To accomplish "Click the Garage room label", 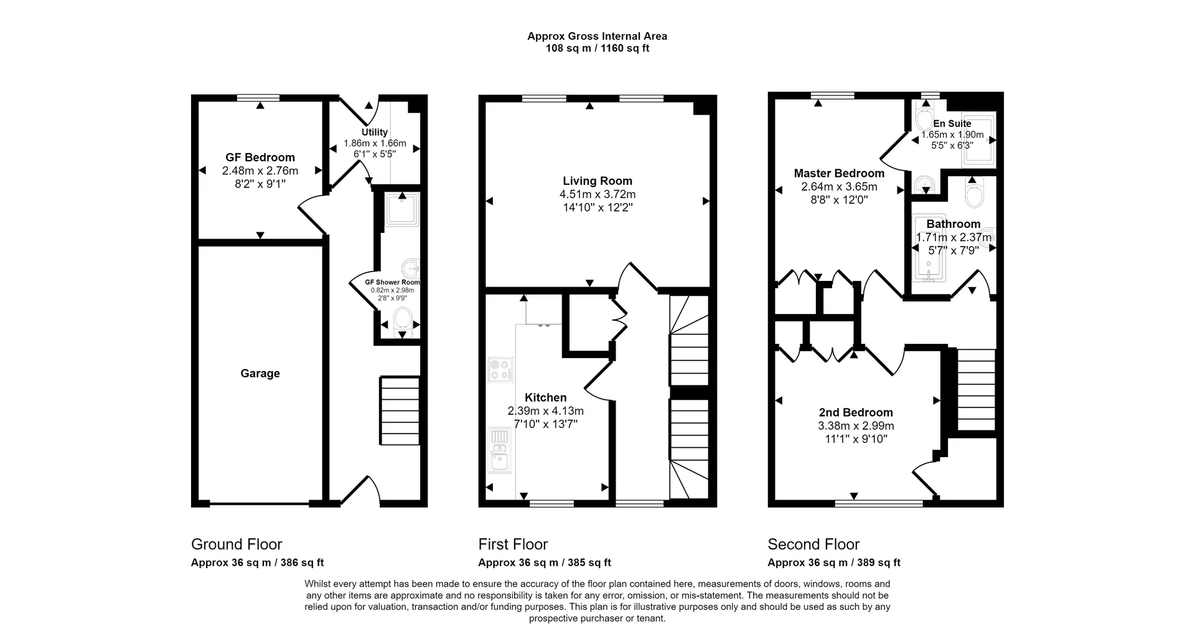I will (x=260, y=373).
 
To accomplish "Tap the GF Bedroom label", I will (x=260, y=158).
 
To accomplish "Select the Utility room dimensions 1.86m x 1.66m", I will (x=375, y=143).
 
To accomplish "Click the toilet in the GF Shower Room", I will (x=403, y=319).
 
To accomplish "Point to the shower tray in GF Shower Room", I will (x=402, y=209).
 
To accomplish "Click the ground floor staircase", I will (x=400, y=410).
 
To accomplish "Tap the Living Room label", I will (x=597, y=181).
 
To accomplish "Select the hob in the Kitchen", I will (x=500, y=369).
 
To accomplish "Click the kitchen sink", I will (x=499, y=451).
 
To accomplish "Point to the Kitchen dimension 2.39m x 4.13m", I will (x=546, y=411).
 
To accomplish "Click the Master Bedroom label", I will (x=839, y=173).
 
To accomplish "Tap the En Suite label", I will (x=952, y=123).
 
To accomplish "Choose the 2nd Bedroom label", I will (x=856, y=412).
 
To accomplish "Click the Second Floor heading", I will (x=813, y=544).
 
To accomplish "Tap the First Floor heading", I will (x=513, y=544).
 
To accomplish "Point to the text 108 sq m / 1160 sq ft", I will (x=597, y=49).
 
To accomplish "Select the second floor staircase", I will (x=975, y=389).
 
